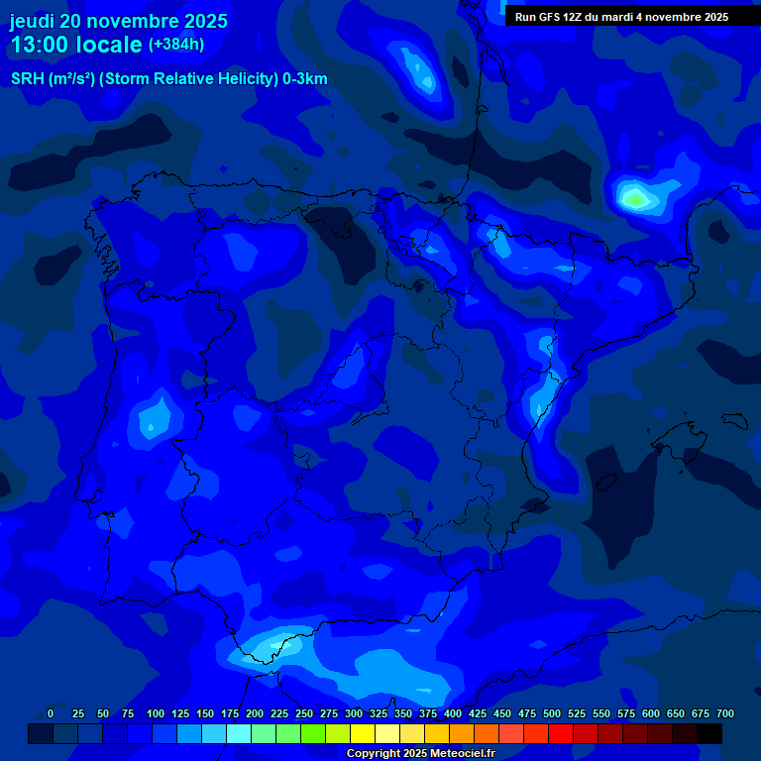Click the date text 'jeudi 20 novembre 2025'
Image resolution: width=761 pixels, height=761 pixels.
[119, 21]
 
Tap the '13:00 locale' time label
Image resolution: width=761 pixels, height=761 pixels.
[76, 46]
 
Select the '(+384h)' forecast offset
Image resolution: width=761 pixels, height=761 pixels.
[175, 45]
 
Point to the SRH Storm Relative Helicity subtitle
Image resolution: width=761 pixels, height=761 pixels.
[168, 79]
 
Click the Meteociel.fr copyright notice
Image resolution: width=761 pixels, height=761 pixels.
[420, 754]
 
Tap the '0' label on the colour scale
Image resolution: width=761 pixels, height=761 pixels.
[51, 713]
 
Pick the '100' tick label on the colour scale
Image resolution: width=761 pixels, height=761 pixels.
[155, 713]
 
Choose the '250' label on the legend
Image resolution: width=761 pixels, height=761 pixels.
[303, 713]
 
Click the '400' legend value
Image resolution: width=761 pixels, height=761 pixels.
[452, 713]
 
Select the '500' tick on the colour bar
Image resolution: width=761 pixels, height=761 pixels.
[551, 713]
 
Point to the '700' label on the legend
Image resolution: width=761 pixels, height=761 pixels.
[724, 713]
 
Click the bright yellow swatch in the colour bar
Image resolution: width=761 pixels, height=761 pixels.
[363, 733]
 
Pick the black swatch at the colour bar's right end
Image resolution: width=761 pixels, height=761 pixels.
[709, 733]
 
